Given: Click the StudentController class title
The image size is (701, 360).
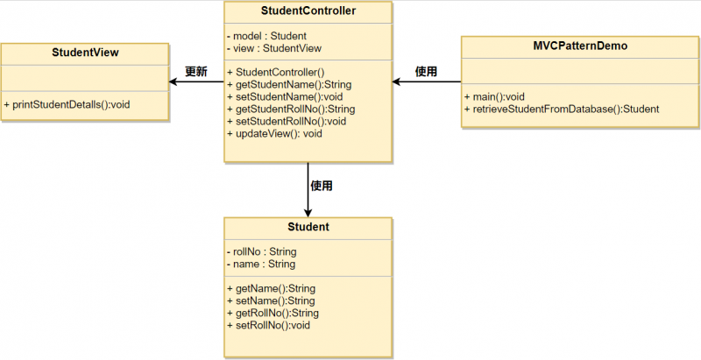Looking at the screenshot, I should (x=308, y=11).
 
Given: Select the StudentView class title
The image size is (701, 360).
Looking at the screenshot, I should (x=85, y=53).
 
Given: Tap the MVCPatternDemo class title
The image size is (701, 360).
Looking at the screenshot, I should (x=579, y=46).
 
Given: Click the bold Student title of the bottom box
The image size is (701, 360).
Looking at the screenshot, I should (x=308, y=227).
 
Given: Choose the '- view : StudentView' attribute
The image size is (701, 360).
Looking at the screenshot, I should (x=273, y=48).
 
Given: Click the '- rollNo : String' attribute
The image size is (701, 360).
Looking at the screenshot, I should (x=261, y=251).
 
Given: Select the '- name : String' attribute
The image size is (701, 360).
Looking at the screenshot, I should (x=260, y=264).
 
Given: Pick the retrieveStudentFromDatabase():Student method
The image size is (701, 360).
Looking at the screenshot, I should (x=561, y=109).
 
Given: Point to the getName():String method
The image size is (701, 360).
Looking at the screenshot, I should (x=270, y=288).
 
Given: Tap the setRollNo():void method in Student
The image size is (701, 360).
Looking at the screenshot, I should (x=268, y=325).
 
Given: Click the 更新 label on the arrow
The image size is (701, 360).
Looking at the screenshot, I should (x=195, y=72).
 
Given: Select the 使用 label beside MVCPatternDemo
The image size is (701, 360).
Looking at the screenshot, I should (x=426, y=72).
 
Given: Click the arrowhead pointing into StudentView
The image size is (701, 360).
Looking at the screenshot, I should (x=173, y=82).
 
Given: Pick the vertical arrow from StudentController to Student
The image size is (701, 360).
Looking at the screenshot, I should (x=308, y=188).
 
